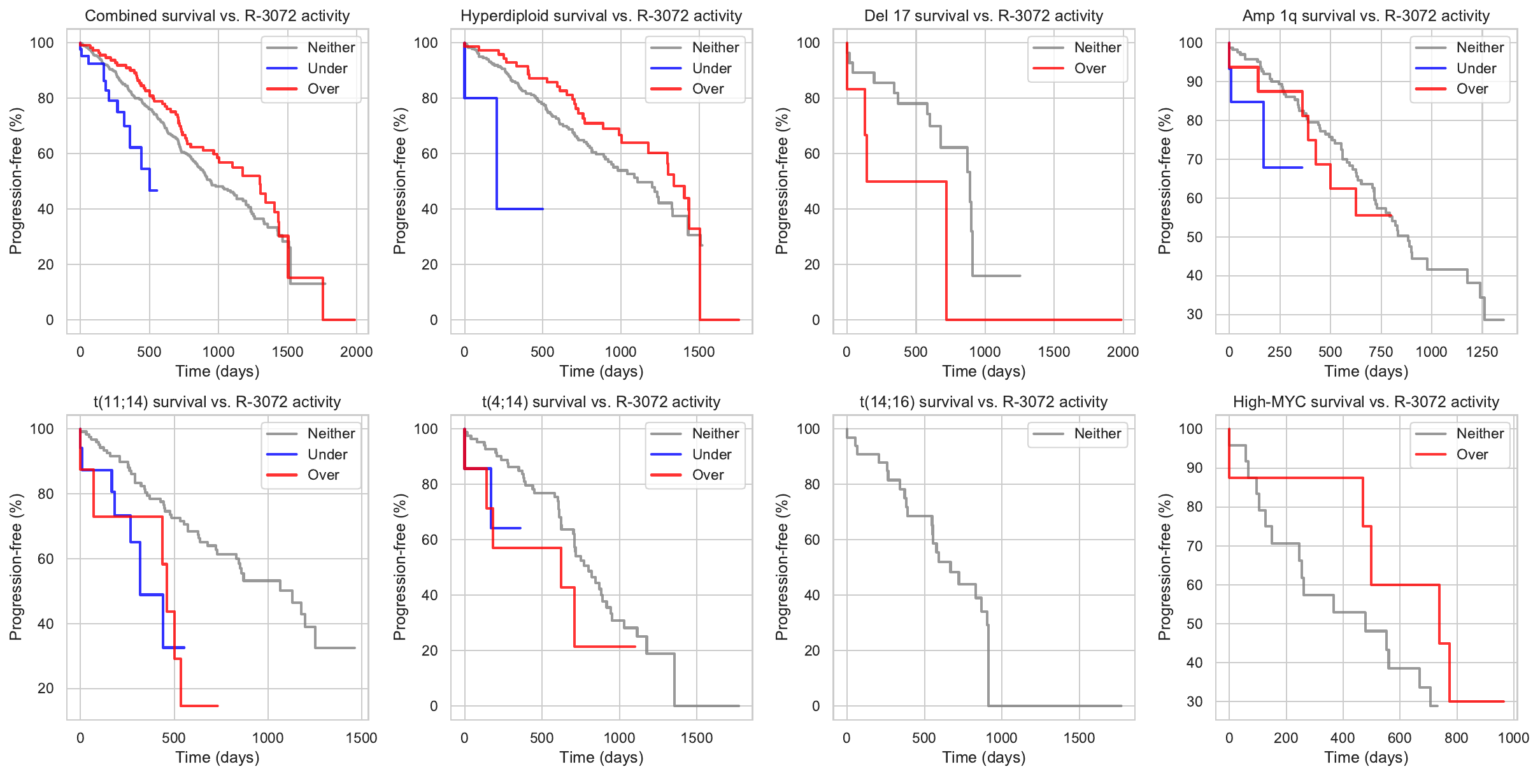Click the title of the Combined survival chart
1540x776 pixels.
(217, 16)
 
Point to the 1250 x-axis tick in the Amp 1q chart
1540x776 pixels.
(1481, 352)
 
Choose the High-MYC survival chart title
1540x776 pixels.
(1366, 402)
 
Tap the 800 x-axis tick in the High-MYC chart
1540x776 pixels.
(1456, 738)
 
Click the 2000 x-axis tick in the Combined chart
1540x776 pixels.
(356, 352)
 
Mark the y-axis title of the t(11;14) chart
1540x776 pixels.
(16, 567)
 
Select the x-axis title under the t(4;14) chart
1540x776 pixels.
(601, 758)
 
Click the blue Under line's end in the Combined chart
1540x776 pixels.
(157, 190)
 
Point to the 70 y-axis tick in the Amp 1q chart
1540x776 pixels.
(1194, 159)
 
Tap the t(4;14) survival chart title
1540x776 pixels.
(601, 402)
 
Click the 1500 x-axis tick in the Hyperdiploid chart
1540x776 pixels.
(699, 352)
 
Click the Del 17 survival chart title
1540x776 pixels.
(983, 16)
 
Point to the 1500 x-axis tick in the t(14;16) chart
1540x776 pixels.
(1079, 738)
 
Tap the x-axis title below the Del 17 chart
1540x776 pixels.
(983, 371)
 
